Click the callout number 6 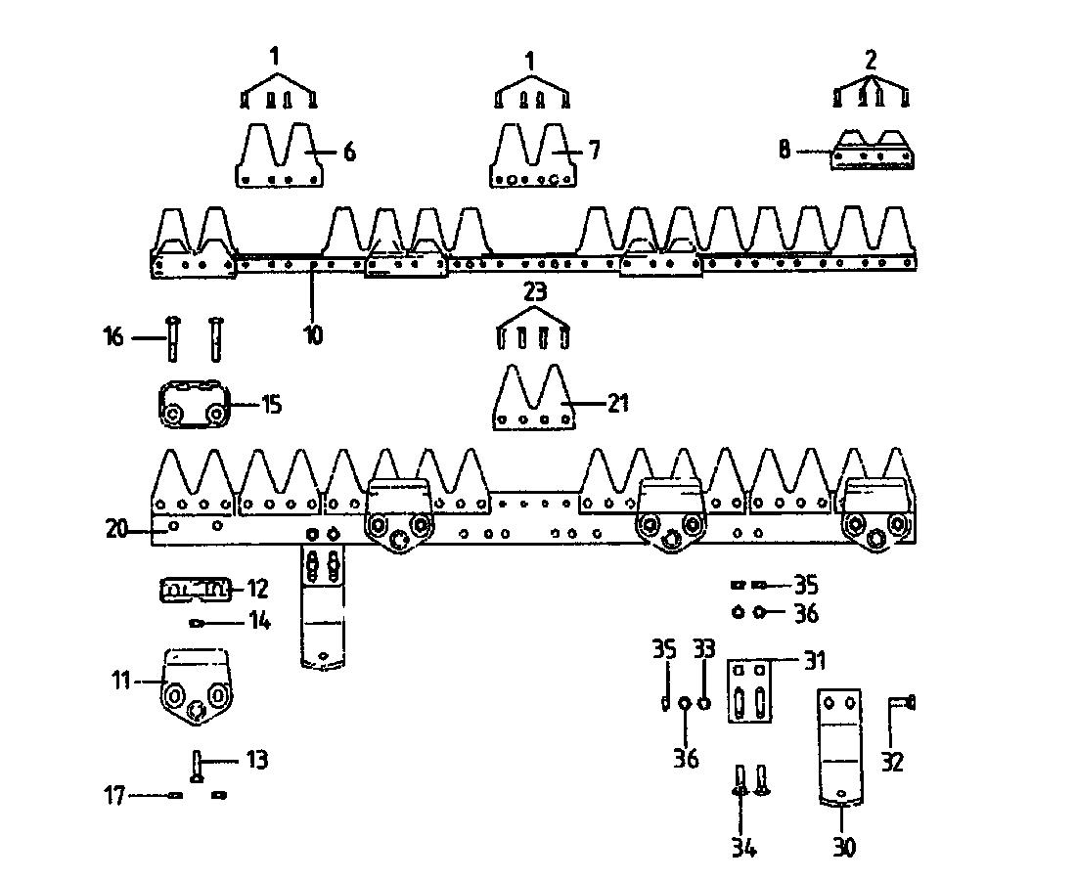point(349,152)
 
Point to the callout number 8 point(785,151)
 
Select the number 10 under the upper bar point(312,334)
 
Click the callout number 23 point(534,291)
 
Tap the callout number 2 point(871,60)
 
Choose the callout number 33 point(704,648)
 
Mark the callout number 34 point(744,847)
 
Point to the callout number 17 point(115,796)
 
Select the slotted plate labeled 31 point(752,691)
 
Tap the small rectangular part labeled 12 point(194,590)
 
